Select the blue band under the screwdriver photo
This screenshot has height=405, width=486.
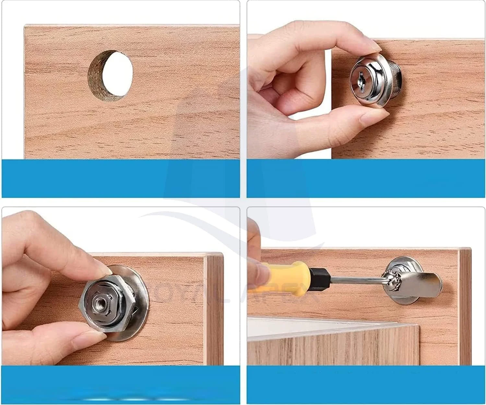click(x=366, y=385)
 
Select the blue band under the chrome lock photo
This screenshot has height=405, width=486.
click(x=366, y=178)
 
